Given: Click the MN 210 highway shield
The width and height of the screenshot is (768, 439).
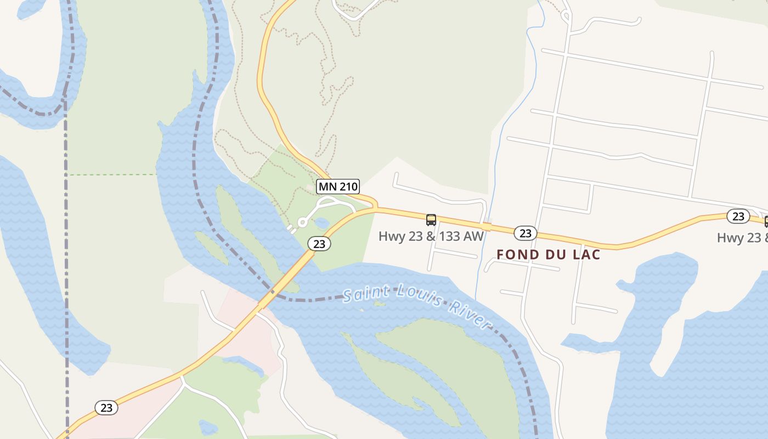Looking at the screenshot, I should point(338,187).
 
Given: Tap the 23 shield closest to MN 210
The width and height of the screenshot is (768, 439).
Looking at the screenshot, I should point(319,244).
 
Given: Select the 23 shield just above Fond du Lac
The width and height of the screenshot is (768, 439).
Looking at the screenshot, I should point(526,234).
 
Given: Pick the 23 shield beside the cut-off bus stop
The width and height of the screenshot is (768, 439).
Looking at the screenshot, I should point(738,216).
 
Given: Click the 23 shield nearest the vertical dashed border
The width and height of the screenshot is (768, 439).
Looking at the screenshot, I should point(106,408).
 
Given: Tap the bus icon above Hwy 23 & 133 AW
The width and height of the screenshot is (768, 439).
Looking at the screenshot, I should point(431,220).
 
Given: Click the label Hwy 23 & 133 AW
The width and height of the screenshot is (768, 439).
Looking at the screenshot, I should point(431,237).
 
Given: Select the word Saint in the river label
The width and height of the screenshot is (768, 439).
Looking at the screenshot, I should point(364,294).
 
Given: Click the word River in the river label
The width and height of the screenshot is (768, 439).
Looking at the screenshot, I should point(469,315).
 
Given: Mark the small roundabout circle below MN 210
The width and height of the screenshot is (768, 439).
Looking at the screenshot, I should point(302,222).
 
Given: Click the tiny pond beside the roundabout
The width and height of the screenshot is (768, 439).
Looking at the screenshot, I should point(321,223).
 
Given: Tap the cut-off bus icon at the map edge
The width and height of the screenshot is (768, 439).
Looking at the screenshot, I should point(766,222).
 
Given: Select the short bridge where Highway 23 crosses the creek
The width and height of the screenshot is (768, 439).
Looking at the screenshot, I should point(486,227).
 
